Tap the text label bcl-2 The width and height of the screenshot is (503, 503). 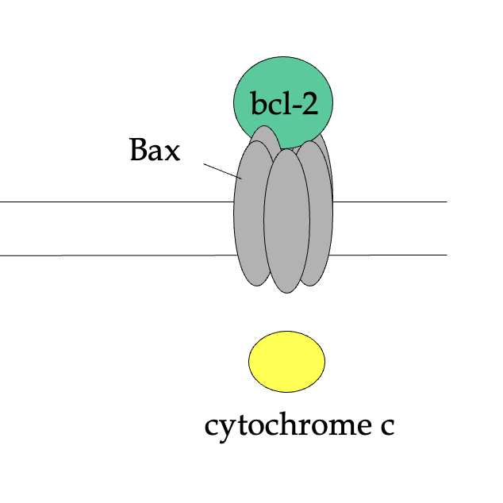(284, 105)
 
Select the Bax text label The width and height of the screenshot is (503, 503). (156, 151)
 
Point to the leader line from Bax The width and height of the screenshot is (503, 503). (222, 171)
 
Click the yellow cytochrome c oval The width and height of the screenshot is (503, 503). (286, 362)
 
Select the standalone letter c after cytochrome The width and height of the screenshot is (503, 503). (385, 428)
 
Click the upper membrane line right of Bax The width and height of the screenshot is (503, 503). (389, 202)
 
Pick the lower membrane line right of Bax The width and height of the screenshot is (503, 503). (389, 255)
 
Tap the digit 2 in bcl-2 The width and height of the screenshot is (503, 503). (308, 105)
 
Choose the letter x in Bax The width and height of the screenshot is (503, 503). (171, 153)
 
